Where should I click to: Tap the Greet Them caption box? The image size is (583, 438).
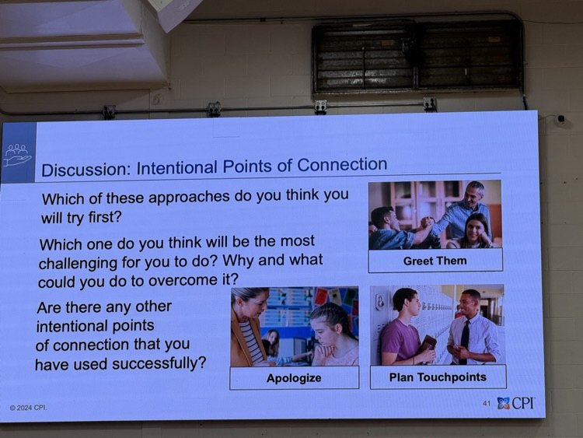435,261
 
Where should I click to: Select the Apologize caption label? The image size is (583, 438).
294,378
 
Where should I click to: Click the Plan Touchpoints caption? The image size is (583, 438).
438,377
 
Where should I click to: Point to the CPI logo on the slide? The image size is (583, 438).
516,403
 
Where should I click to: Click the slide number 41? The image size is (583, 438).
487,403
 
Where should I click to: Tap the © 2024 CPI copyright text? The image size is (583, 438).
28,408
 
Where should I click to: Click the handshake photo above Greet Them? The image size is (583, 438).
435,215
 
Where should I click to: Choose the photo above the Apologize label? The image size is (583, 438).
294,326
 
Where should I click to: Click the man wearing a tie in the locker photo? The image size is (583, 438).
472,331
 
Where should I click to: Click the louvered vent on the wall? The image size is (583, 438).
417,55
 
